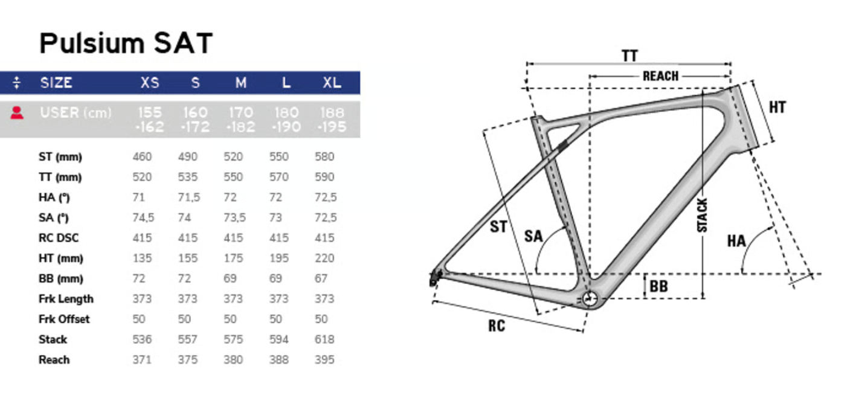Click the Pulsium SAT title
126,44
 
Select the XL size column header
332,83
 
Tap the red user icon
17,112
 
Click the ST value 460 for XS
142,157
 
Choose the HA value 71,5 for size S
188,198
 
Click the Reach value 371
142,360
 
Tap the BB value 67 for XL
321,279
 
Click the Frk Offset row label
64,319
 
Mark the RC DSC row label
59,238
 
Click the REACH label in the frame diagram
660,76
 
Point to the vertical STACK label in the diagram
703,215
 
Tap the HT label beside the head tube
777,108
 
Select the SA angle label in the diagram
533,236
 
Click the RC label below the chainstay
497,326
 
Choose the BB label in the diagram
658,286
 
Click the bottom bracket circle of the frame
590,298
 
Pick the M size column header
240,83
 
